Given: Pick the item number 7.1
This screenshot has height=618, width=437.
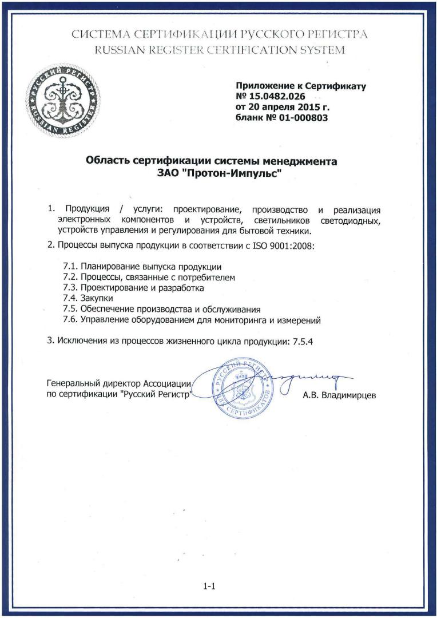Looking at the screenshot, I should tap(70, 267).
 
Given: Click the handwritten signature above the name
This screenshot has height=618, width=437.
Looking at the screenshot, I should tap(309, 378).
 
